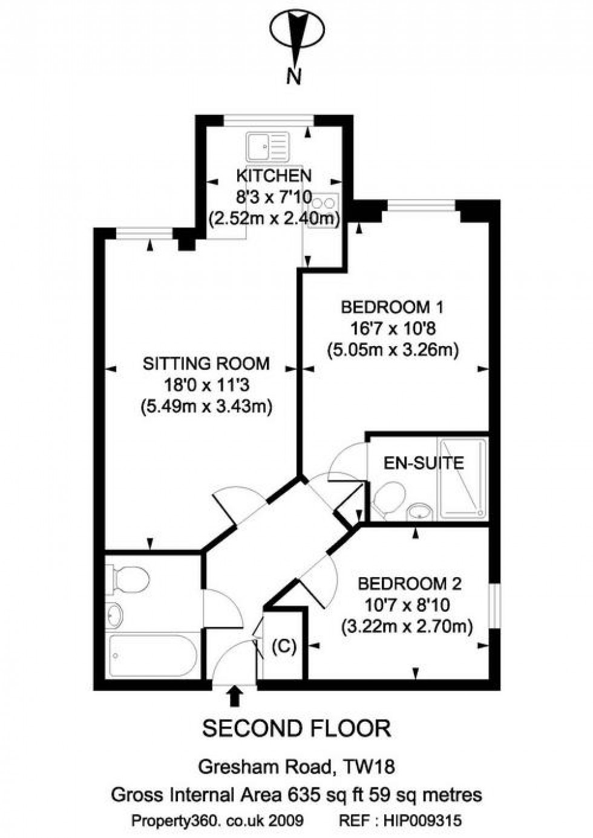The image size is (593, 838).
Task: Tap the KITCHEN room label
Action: (274, 176)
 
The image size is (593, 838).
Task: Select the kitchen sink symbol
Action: (266, 147)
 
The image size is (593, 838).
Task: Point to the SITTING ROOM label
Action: (206, 364)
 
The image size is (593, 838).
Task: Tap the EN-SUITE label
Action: (424, 463)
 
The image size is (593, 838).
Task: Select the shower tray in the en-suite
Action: (463, 478)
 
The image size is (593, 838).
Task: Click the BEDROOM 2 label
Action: (410, 584)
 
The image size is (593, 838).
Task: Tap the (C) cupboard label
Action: (284, 647)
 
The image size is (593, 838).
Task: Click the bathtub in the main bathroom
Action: (152, 656)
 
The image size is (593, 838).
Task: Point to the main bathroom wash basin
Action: (114, 615)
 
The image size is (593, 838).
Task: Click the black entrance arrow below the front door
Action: (235, 697)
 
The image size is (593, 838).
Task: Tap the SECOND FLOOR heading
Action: (296, 728)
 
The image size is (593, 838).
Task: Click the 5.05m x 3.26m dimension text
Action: (393, 350)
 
